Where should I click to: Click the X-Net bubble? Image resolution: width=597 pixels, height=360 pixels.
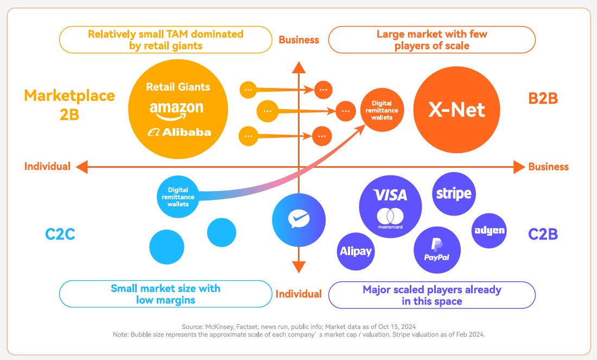point(456,111)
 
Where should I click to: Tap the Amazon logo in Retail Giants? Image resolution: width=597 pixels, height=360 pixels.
point(176,109)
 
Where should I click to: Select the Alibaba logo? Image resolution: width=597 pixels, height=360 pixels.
point(179,132)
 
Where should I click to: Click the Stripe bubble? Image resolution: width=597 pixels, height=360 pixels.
point(454,193)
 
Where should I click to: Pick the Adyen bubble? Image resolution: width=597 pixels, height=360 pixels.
point(489,230)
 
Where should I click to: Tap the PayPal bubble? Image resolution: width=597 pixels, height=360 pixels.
point(437,250)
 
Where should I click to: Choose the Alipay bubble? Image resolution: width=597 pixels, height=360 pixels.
point(356,251)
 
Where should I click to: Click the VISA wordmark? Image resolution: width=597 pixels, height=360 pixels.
point(390,195)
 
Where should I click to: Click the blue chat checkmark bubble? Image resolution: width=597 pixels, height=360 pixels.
point(298,220)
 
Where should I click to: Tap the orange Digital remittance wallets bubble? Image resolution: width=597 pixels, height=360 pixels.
point(385,110)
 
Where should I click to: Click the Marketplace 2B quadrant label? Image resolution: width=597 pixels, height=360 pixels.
point(69,105)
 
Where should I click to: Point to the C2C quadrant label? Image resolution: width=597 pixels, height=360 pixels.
point(60,235)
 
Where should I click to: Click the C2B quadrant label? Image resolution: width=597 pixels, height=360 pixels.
point(543,235)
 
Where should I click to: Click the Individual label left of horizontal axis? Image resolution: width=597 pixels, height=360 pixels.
point(47,167)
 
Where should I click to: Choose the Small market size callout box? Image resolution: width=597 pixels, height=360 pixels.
point(166,294)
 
